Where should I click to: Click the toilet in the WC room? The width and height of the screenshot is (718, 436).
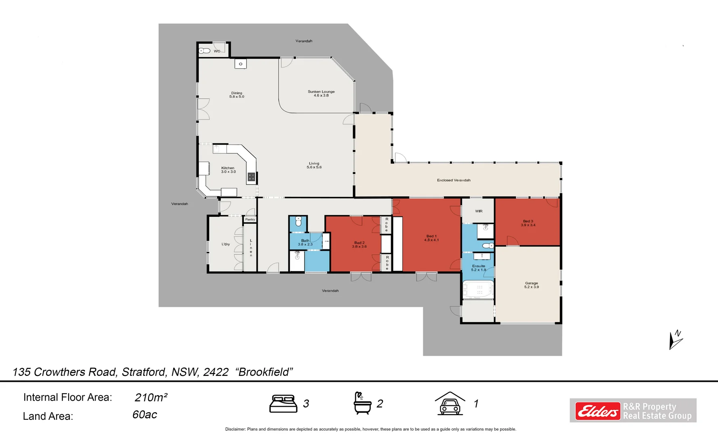pos(204,51)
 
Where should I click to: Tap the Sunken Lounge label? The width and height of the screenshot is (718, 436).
pos(321,93)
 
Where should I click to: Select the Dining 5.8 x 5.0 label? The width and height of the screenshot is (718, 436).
pos(237,95)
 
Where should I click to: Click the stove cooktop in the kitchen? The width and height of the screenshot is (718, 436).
pos(251,176)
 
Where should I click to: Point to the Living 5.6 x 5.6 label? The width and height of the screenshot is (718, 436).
pos(314,165)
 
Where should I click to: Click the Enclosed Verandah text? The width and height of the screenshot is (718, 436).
pos(454,180)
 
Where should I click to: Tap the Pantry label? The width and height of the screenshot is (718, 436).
pos(250,220)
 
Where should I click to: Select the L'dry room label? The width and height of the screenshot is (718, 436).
pos(226,244)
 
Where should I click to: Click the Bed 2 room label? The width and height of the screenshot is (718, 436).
pos(359,245)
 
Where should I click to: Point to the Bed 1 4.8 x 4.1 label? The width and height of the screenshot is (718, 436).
pos(431,238)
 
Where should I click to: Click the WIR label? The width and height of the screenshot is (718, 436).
pos(479,211)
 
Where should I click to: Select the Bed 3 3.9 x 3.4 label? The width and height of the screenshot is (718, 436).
pos(528,223)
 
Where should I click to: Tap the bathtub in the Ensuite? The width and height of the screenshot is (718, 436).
pos(478,289)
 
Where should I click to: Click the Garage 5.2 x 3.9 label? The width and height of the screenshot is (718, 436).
pos(531,285)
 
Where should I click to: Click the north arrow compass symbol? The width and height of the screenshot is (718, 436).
pos(675,340)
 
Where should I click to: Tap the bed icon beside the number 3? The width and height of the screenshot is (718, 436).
pos(283,404)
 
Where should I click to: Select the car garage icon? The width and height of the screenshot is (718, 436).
pos(450,404)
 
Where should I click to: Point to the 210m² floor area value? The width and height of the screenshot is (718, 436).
pos(151,398)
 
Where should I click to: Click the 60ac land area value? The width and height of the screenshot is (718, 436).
pos(144,415)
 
